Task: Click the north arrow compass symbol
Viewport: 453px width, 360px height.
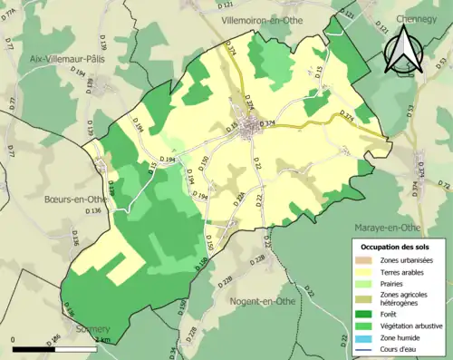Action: click(401, 50)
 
